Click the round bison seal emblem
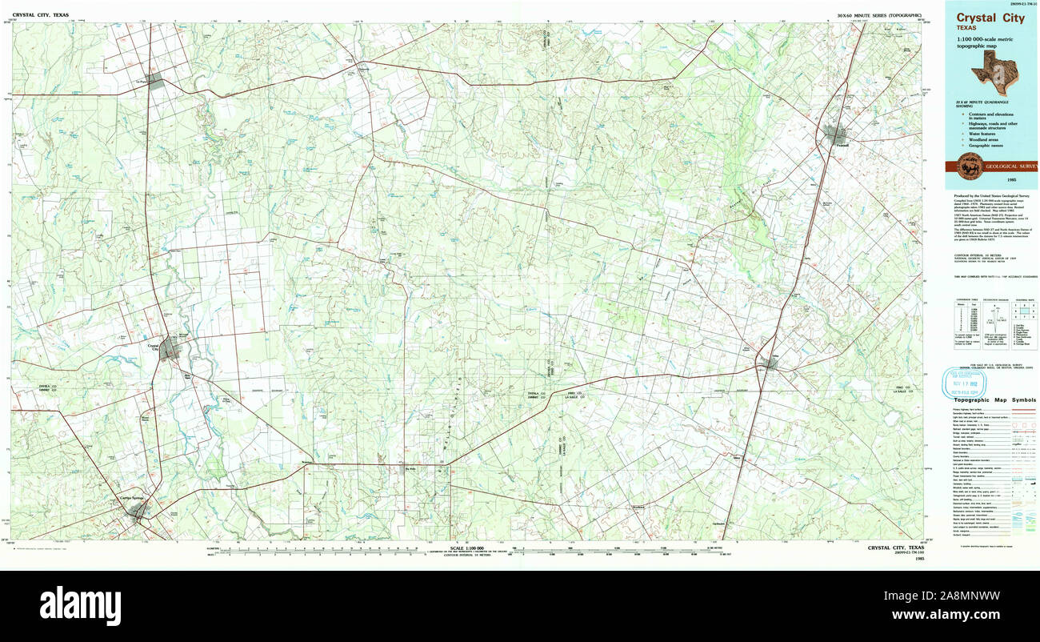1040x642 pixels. coord(967,167)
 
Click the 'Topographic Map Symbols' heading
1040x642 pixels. coord(990,399)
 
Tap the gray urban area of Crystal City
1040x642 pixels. coord(169,348)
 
